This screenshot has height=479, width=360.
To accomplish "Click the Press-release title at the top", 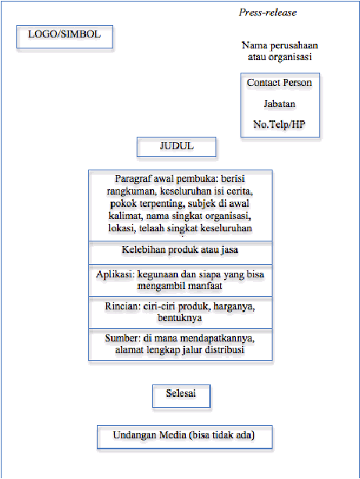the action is [268, 13].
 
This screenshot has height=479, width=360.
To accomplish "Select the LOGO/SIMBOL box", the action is [65, 37].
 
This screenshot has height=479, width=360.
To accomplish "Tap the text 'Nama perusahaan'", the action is [280, 45].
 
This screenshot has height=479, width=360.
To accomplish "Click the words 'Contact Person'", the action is [280, 83].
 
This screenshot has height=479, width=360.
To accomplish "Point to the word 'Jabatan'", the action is [280, 104].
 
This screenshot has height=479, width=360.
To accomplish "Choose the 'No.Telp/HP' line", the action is [280, 124].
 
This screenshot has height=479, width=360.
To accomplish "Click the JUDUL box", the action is [176, 147].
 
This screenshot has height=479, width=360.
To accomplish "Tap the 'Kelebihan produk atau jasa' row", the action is [180, 253].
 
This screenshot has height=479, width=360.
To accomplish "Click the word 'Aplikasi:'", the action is [115, 274].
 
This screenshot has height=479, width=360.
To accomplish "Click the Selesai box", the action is [181, 396].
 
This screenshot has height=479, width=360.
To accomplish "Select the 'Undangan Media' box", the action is [184, 437].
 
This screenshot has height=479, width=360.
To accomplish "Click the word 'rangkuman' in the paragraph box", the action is [131, 191].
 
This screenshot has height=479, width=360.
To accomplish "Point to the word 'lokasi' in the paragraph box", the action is [122, 228].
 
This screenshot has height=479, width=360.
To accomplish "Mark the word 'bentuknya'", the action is [180, 318].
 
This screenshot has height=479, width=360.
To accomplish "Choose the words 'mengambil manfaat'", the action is [180, 286].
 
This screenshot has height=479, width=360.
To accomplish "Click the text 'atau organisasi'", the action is [280, 57].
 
